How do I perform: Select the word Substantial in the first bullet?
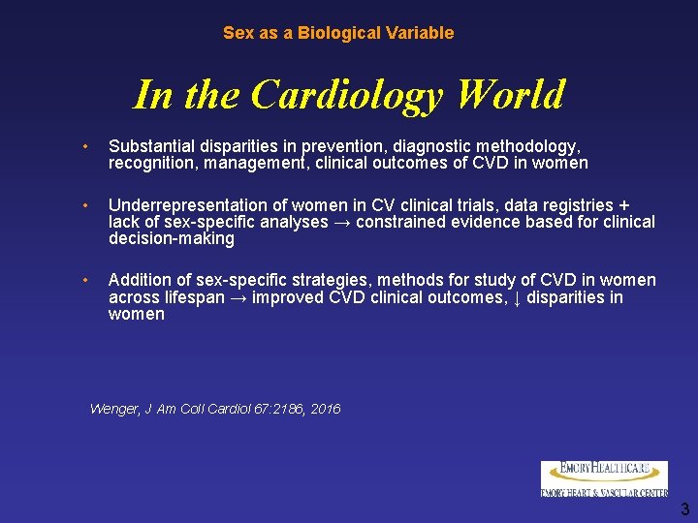coord(152,146)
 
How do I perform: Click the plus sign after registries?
coord(624,205)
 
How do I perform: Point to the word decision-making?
coord(172,238)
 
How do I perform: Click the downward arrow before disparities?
coord(516,297)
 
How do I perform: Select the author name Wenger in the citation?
coord(114,410)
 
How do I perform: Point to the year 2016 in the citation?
coord(326,410)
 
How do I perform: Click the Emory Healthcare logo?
coord(604,478)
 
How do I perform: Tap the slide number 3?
coord(684,509)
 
